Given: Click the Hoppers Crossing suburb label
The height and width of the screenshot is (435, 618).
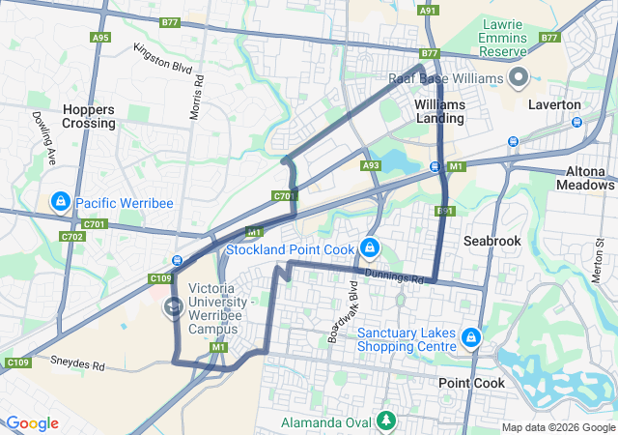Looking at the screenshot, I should pos(89,116).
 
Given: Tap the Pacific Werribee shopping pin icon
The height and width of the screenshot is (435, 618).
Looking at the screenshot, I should pos(60,202).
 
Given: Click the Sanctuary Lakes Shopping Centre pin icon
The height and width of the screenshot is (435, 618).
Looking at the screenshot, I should pos(471,337).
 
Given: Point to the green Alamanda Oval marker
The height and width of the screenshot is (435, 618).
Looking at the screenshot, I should pos(386,420).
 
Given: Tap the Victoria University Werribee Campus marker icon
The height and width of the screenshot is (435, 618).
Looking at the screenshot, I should pos(174,307).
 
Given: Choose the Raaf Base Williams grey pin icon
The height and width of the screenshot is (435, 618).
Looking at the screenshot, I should pos(520,76).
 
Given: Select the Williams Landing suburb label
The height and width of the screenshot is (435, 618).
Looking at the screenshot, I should pos(439,111).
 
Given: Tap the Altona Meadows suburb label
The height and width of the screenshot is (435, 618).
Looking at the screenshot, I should pos(585,178).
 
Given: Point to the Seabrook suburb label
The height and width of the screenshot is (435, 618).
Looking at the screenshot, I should pos(492,240).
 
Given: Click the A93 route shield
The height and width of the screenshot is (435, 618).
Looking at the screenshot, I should pos(371,166).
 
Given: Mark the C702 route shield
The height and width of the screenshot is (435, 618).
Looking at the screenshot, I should pos(71,236).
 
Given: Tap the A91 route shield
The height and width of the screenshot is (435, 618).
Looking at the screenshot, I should pos(428,10).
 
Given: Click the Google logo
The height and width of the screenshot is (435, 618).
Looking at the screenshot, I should pos(31,423).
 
